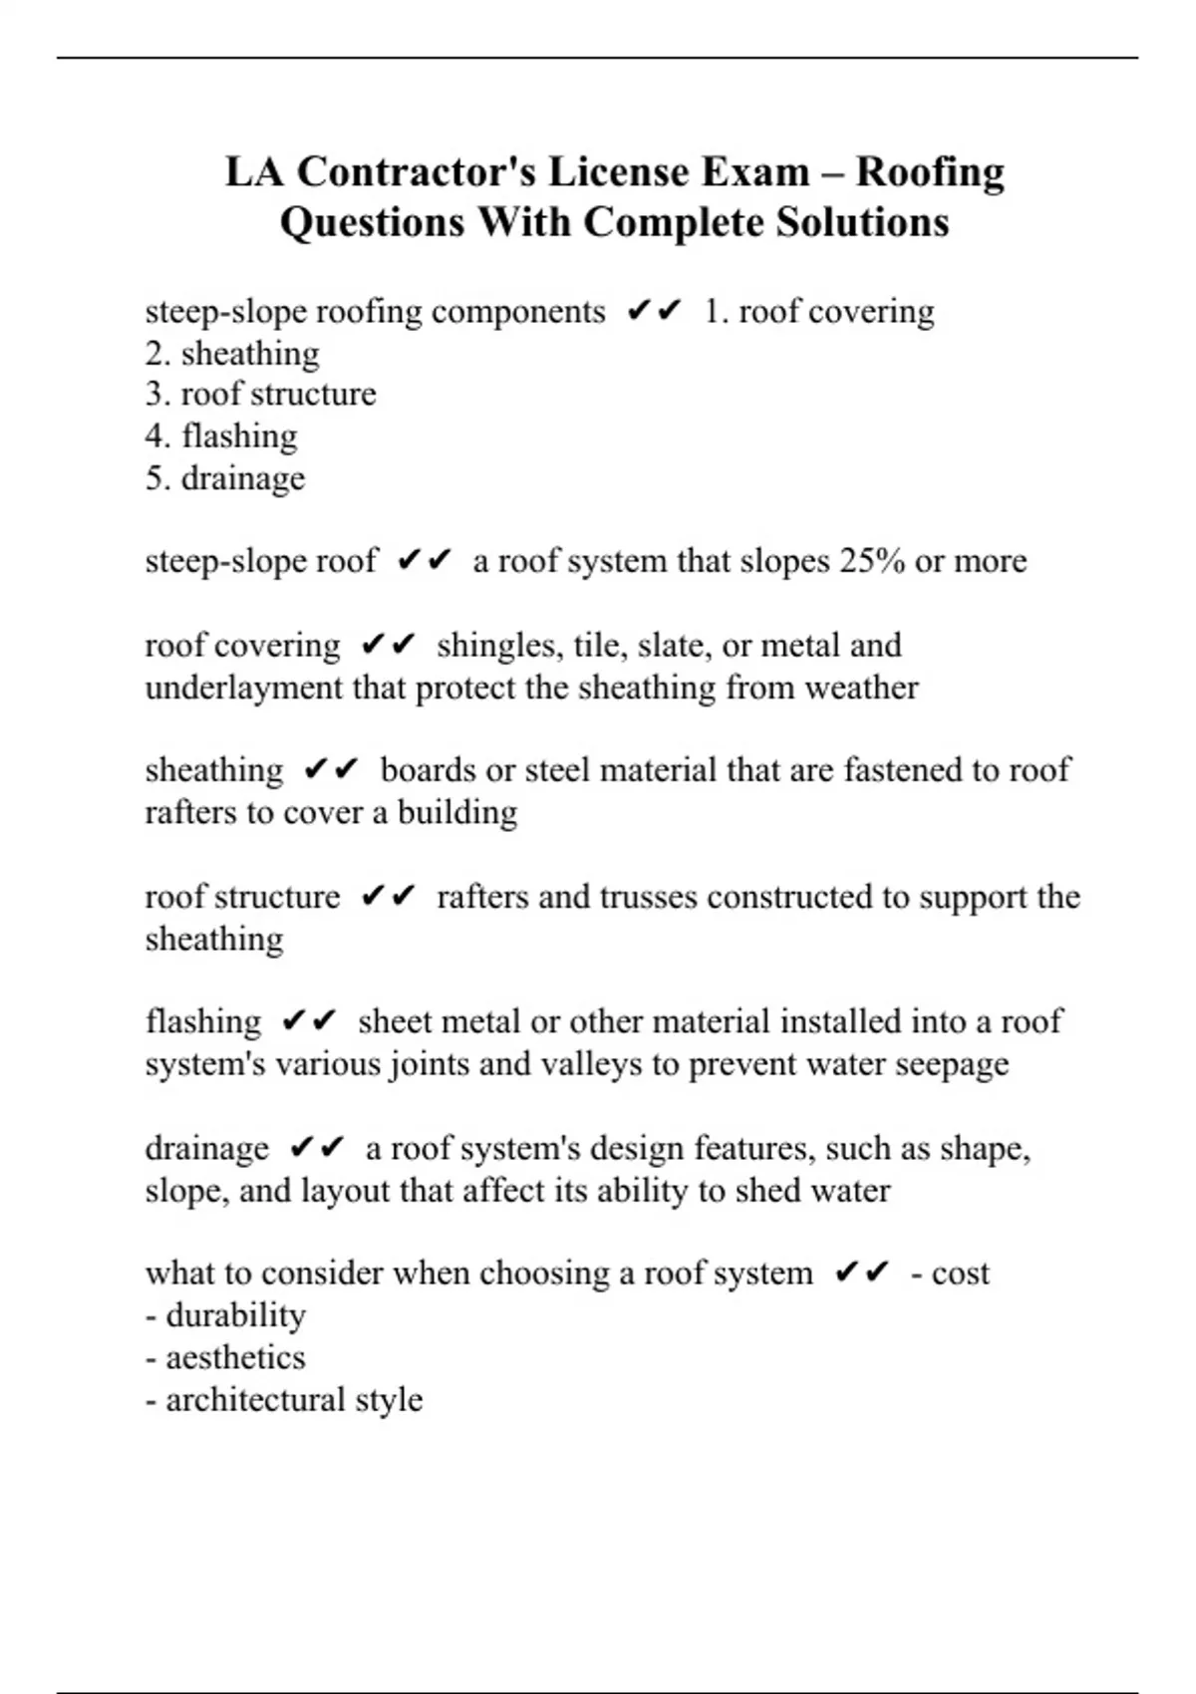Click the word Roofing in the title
[x=929, y=172]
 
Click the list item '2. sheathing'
[x=232, y=354]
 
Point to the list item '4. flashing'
[x=221, y=436]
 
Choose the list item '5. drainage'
[x=225, y=478]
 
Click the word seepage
[x=952, y=1064]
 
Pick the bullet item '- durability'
[x=226, y=1315]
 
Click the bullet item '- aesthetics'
[x=226, y=1357]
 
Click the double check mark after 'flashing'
[x=310, y=1022]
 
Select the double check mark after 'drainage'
[x=317, y=1149]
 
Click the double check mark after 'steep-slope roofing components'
[x=655, y=312]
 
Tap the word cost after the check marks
[x=960, y=1273]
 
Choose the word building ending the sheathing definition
[x=457, y=813]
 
